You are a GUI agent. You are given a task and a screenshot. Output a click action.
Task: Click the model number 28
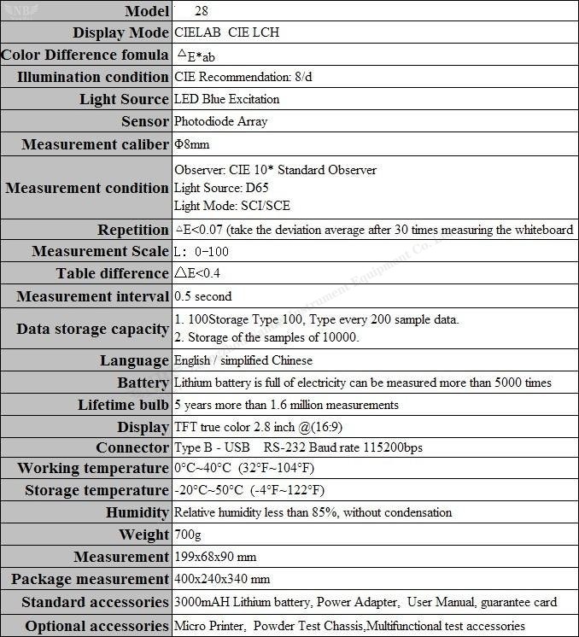coord(201,12)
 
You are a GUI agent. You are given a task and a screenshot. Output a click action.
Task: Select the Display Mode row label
coord(120,33)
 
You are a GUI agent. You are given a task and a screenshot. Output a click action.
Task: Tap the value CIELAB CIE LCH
coord(226,33)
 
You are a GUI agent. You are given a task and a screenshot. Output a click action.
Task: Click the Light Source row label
coord(124,99)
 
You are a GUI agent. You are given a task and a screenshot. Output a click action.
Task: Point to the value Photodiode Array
coord(220,121)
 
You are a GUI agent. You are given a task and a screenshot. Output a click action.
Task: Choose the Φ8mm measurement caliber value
coord(191,144)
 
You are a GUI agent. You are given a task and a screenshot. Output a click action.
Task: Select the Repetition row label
coord(132,230)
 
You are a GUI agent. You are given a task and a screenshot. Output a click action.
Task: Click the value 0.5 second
coord(202,296)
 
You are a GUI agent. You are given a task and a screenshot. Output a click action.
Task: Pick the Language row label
coord(134,360)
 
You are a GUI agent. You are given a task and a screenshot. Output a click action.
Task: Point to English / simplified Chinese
coord(243,360)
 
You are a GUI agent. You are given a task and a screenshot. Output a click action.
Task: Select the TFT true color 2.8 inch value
coord(258,426)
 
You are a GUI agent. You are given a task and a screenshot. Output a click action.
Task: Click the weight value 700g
coord(187,535)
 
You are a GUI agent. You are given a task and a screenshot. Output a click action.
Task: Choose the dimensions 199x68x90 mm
coord(215,557)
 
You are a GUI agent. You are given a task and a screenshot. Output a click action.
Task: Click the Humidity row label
coord(137,512)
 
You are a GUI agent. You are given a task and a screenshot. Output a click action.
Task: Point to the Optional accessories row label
coord(96,626)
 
